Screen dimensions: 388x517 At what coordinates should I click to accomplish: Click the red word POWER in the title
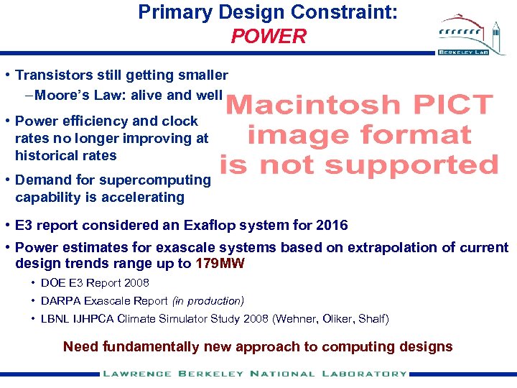(x=269, y=36)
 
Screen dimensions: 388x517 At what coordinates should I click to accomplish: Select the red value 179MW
(x=220, y=264)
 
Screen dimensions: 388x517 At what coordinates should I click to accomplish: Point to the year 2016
(x=332, y=226)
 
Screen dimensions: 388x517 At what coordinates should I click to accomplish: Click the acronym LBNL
(x=57, y=319)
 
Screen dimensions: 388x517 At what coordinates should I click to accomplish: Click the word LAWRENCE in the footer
(x=136, y=374)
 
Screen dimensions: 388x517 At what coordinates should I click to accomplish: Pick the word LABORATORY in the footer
(x=368, y=374)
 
